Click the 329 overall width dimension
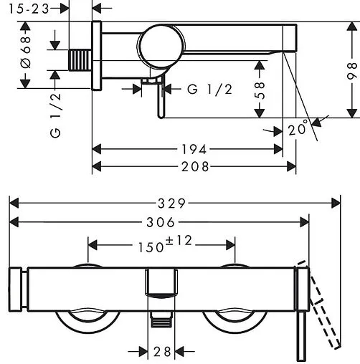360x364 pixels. tap(171, 203)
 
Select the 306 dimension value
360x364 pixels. tap(161, 223)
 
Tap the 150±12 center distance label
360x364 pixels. tap(165, 244)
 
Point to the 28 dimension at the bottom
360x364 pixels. tap(162, 352)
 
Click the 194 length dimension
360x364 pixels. tap(194, 150)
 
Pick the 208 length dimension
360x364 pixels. tap(195, 166)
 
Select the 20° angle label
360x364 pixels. tap(298, 128)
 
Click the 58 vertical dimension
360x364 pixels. tap(260, 90)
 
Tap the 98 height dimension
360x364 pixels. tap(352, 71)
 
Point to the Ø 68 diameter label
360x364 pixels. tap(26, 52)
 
